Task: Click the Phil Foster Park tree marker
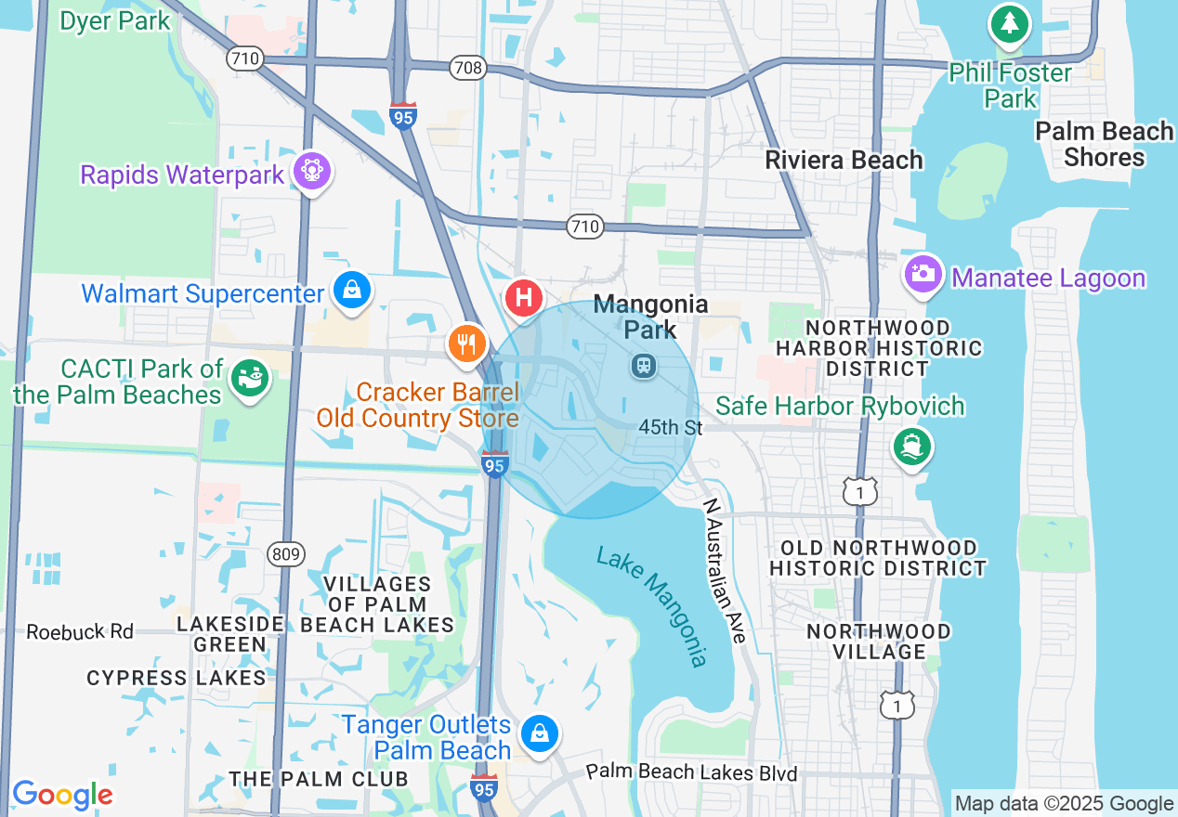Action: (x=1010, y=23)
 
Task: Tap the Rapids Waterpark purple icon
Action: (x=312, y=171)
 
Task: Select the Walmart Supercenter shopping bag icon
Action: (x=353, y=292)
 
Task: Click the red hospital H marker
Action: (x=523, y=299)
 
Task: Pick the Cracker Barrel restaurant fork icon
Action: (x=466, y=344)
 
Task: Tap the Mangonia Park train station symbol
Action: (x=642, y=366)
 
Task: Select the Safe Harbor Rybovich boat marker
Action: (x=911, y=447)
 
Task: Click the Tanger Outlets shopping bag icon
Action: (x=538, y=733)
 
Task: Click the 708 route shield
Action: (x=467, y=68)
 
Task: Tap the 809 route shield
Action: (x=286, y=554)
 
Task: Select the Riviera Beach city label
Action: (x=844, y=160)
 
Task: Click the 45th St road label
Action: (x=670, y=427)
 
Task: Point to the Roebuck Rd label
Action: (x=80, y=631)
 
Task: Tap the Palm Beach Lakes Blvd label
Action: (x=691, y=772)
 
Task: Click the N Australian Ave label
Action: (x=725, y=571)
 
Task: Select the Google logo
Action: (x=62, y=795)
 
